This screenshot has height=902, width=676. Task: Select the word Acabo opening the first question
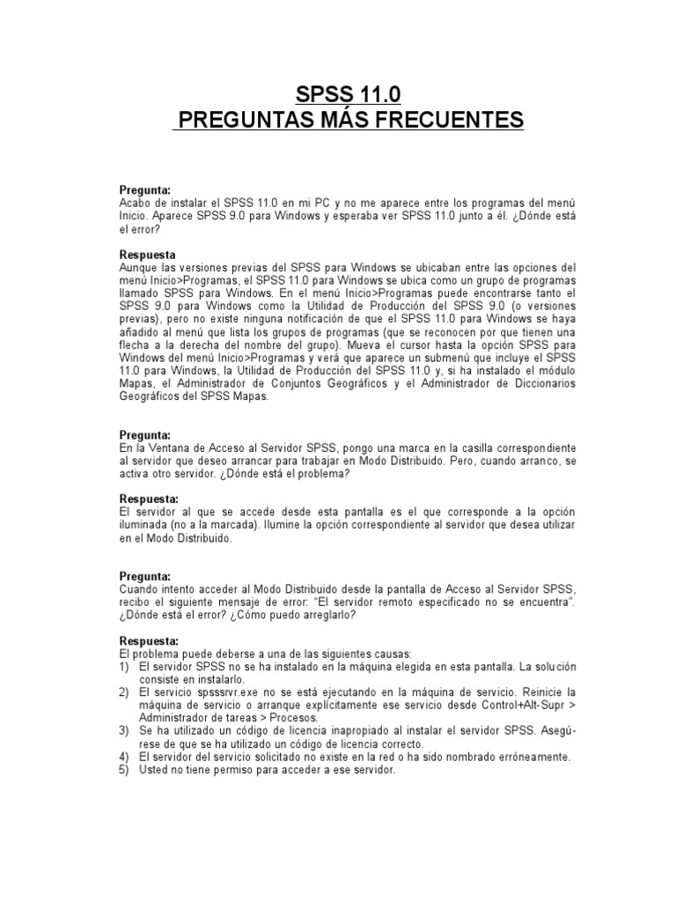[x=136, y=203]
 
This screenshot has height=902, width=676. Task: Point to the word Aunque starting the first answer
[x=140, y=267]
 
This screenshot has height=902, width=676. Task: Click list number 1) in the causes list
[x=125, y=667]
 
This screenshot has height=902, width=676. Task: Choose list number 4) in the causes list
[x=125, y=756]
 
